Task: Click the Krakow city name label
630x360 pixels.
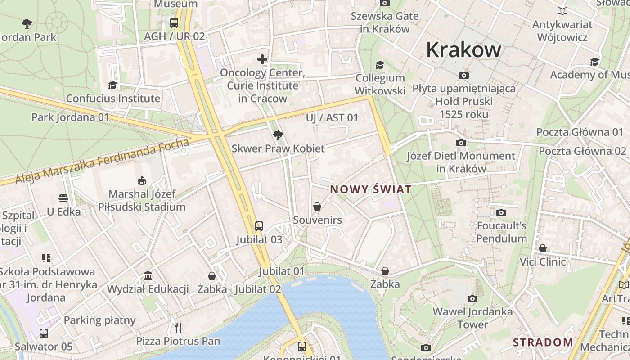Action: point(463,49)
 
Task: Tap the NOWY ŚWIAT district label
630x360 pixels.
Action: point(371,189)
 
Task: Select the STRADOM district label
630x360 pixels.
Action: point(543,342)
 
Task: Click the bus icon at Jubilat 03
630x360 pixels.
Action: point(259,226)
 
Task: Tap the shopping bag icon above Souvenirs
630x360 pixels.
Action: point(317,207)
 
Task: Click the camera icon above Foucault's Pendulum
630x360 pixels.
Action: point(501,212)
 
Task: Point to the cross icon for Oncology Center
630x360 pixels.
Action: point(262,59)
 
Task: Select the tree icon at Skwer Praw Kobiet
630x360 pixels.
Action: point(278,135)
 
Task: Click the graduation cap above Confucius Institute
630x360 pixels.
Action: point(112,85)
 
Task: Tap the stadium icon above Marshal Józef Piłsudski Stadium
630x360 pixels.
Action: point(142,181)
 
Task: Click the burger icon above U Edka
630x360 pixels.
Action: point(63,198)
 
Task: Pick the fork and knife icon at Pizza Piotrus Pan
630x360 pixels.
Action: point(178,327)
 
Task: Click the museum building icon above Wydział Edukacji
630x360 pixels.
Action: point(148,275)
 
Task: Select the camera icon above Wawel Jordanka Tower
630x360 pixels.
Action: point(472,298)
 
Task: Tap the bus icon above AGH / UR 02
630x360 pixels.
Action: point(174,22)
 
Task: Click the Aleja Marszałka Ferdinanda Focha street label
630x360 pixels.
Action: point(103,162)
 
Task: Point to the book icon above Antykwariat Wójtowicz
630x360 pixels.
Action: point(562,11)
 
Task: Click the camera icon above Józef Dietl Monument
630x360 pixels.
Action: point(461,143)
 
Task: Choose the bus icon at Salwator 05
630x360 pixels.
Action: point(44,333)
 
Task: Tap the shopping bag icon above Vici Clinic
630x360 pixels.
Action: point(543,248)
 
